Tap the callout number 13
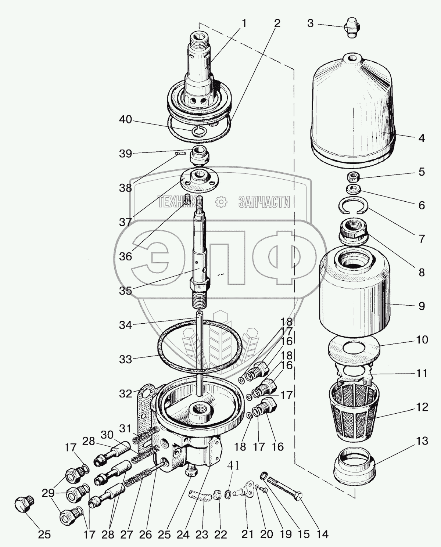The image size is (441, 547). [x=423, y=440]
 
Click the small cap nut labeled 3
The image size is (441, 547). [x=352, y=27]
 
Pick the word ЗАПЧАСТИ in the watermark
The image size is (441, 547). [x=264, y=202]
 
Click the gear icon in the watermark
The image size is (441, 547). [x=221, y=202]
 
